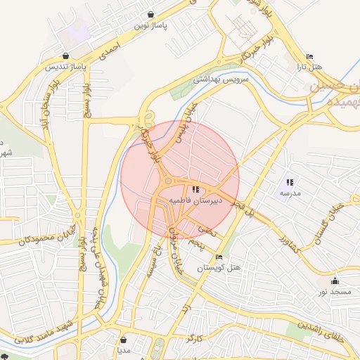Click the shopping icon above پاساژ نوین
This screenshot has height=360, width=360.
point(151,14)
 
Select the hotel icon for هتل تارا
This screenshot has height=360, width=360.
point(309,57)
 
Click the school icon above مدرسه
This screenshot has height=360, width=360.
point(290,182)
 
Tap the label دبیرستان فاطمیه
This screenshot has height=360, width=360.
point(196,200)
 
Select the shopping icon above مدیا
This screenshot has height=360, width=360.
point(124,339)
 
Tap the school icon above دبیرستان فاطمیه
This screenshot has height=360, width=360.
point(195,188)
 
